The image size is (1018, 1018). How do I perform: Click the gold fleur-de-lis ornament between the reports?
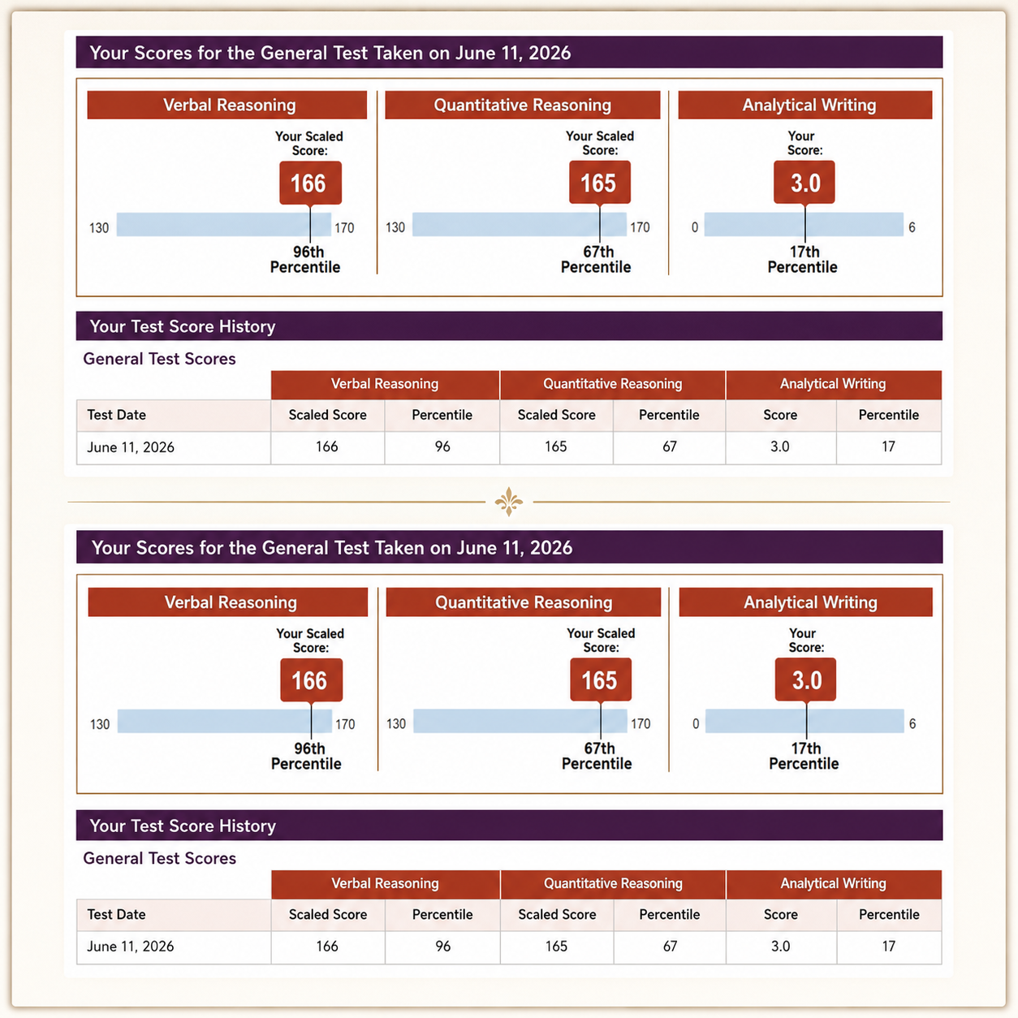509,502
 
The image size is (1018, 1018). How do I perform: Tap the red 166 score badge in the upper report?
310,183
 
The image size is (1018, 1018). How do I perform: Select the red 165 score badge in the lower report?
601,679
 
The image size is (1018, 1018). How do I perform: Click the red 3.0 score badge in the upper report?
804,183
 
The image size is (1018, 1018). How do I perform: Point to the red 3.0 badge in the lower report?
805,679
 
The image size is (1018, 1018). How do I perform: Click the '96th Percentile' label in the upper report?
305,260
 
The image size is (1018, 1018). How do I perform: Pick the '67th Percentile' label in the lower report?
597,756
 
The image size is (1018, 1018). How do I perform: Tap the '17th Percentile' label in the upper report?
802,260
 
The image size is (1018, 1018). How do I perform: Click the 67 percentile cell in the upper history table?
670,447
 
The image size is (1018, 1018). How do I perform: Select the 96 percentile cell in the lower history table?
442,946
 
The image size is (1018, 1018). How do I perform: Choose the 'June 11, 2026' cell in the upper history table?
174,447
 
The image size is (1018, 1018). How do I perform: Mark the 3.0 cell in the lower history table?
781,946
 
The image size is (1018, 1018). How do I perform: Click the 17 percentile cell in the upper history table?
889,447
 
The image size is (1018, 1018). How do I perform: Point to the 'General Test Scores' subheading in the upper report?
160,359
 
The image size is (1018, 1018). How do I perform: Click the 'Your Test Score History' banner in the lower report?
509,825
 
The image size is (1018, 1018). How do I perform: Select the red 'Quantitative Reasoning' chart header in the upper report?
523,105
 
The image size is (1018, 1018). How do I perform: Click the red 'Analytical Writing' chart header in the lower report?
805,602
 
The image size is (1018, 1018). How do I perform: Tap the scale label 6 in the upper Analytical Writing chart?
912,227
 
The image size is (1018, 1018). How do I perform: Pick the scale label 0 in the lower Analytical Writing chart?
696,724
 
